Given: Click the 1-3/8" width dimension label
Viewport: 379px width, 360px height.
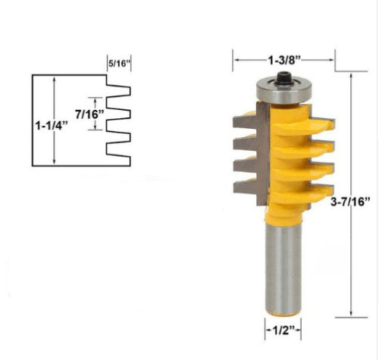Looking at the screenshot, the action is [x=284, y=60].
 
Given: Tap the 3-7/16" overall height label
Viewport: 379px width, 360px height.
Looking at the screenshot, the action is [x=350, y=202].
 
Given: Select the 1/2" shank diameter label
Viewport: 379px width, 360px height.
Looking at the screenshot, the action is [x=283, y=330].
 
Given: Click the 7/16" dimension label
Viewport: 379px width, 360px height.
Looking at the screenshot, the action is [x=89, y=114].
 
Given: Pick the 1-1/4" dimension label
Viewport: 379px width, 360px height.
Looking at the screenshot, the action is [x=52, y=125].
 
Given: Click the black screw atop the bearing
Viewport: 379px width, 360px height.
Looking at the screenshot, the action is [x=283, y=79].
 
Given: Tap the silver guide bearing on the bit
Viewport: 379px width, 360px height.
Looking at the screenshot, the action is [x=284, y=91].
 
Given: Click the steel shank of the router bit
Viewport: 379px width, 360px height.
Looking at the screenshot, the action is [x=283, y=268].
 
